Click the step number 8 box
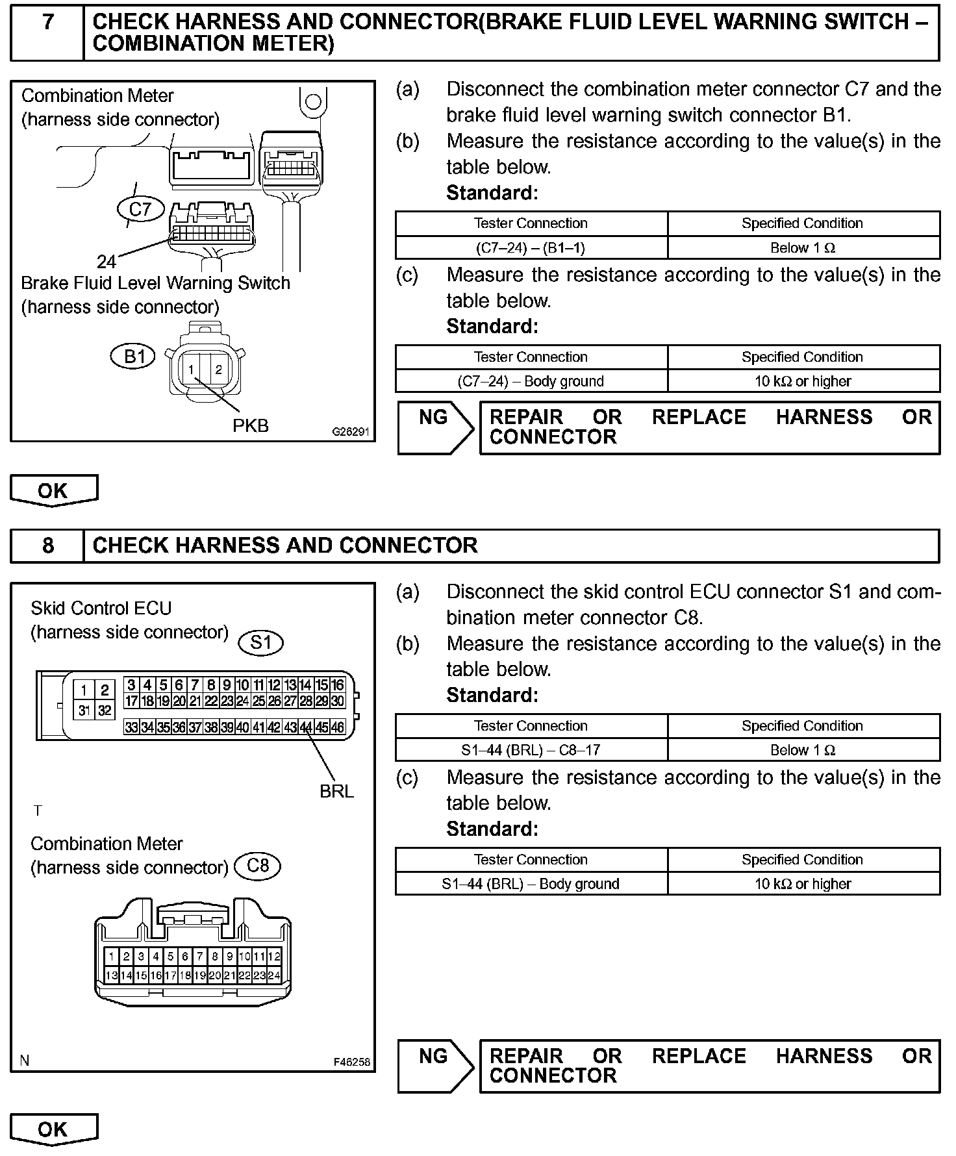click(47, 545)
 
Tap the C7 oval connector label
click(140, 209)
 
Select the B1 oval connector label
click(134, 356)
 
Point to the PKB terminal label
click(251, 425)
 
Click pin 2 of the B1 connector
click(219, 370)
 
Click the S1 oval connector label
click(261, 642)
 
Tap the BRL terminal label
click(336, 791)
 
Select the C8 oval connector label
click(258, 866)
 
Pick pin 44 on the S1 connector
click(306, 728)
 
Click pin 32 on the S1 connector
click(105, 710)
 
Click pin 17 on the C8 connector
click(170, 975)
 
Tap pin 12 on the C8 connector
click(274, 956)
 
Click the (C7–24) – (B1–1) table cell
click(531, 247)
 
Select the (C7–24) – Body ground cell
click(531, 381)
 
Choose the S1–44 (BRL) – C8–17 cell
click(531, 750)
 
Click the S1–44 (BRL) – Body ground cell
click(531, 884)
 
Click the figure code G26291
click(351, 431)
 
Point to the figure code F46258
click(351, 1062)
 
